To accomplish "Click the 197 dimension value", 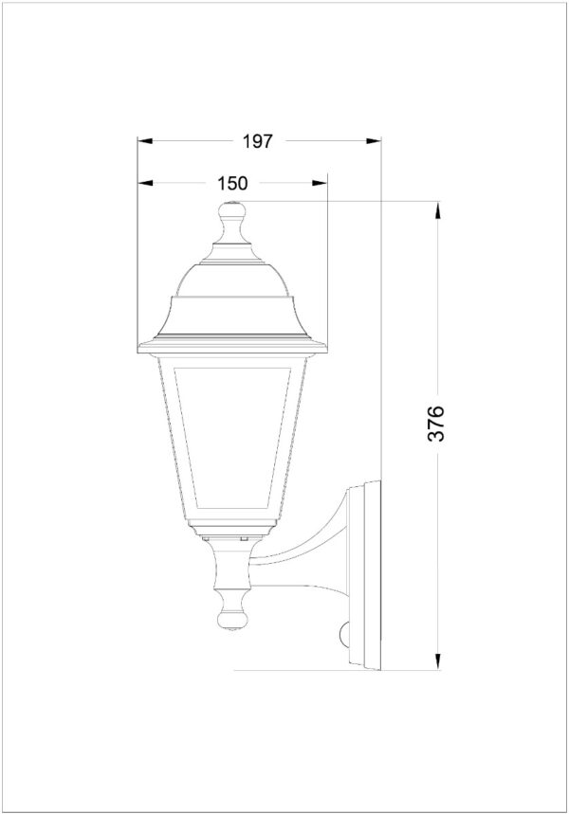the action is (258, 140).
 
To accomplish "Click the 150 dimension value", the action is (232, 183).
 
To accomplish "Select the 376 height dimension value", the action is (436, 424).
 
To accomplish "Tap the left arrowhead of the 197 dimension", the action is (145, 140).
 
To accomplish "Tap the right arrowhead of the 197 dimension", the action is (374, 140).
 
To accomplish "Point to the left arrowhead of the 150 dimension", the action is (145, 183).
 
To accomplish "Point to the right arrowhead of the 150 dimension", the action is (320, 183).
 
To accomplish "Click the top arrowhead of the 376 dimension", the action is (438, 209).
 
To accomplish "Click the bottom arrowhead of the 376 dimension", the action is (438, 661).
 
